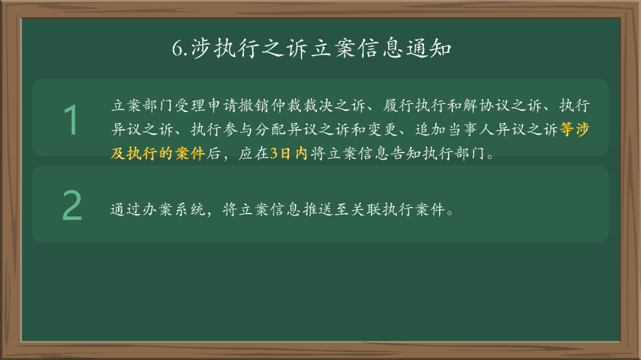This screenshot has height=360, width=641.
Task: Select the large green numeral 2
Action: pyautogui.click(x=72, y=206)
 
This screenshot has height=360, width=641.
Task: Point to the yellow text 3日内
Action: pyautogui.click(x=288, y=154)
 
